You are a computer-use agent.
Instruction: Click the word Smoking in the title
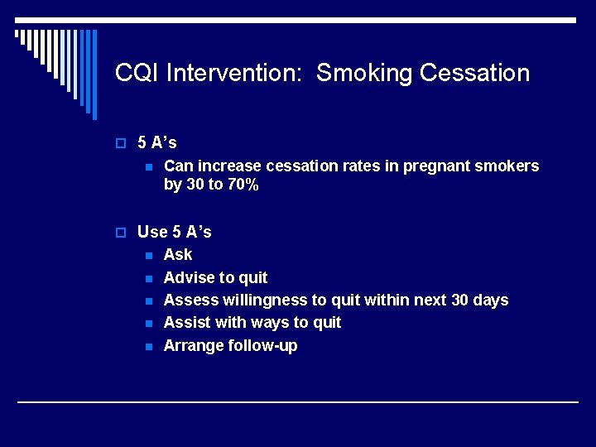tap(364, 74)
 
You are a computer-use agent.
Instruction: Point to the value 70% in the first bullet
tap(243, 185)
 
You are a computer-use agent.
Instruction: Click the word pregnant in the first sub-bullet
tap(435, 166)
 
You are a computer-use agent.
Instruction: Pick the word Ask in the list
tap(178, 255)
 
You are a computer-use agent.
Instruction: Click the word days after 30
tap(490, 300)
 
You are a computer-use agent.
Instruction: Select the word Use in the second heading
tap(152, 233)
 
